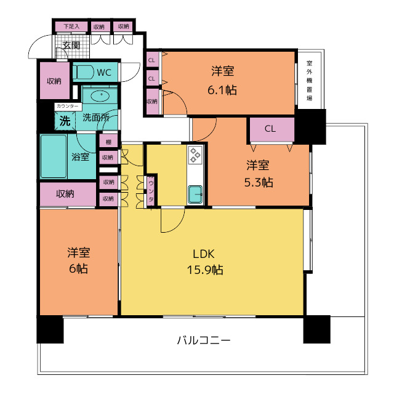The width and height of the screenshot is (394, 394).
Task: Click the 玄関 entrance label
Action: (71, 46)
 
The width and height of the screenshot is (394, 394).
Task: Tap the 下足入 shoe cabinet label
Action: (71, 26)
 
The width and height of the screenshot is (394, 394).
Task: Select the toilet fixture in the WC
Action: (83, 72)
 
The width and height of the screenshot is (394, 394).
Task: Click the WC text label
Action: (104, 73)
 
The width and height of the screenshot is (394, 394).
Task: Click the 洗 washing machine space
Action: (65, 121)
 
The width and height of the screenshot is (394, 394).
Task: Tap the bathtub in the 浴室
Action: (54, 156)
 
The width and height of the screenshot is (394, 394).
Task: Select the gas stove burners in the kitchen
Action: (195, 155)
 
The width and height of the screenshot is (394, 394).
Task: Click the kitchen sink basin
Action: (195, 195)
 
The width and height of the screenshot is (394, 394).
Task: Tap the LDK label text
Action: (204, 254)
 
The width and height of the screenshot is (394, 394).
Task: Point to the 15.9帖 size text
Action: (205, 270)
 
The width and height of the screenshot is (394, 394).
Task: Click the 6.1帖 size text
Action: (222, 90)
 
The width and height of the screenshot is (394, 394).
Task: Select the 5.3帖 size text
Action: (259, 182)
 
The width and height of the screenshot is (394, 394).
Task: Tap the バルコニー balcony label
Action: (204, 340)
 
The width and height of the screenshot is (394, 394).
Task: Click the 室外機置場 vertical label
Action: (309, 81)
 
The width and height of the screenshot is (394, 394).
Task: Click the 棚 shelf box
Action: (108, 142)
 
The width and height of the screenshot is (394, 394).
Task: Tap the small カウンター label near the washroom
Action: (67, 106)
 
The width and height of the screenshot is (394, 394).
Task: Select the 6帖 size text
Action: (78, 268)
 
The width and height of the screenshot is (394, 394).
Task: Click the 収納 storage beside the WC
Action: (55, 81)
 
